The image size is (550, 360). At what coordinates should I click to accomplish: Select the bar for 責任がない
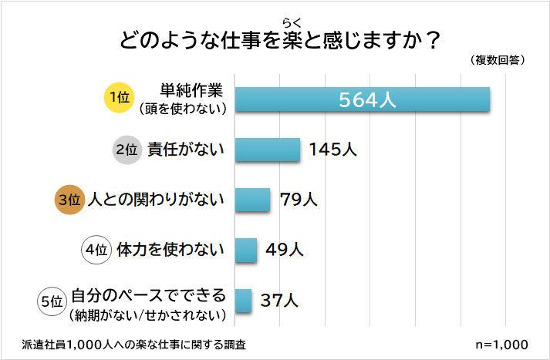pos(267,150)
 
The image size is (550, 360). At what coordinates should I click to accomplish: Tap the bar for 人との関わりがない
pos(252,200)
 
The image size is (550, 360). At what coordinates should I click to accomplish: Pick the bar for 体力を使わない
pos(245,250)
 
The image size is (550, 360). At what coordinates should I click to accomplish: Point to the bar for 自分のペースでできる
pos(243,301)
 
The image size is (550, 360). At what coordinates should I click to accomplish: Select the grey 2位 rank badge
pos(125,150)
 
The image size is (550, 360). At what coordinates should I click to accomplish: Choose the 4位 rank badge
pos(96,250)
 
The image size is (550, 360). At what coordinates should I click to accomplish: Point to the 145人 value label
pos(333,150)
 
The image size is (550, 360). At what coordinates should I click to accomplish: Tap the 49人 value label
pos(285,250)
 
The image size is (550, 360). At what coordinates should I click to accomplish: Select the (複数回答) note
pos(497,59)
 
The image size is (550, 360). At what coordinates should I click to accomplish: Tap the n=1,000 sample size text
pos(503,343)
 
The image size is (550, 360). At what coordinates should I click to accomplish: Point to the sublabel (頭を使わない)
pos(182,109)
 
